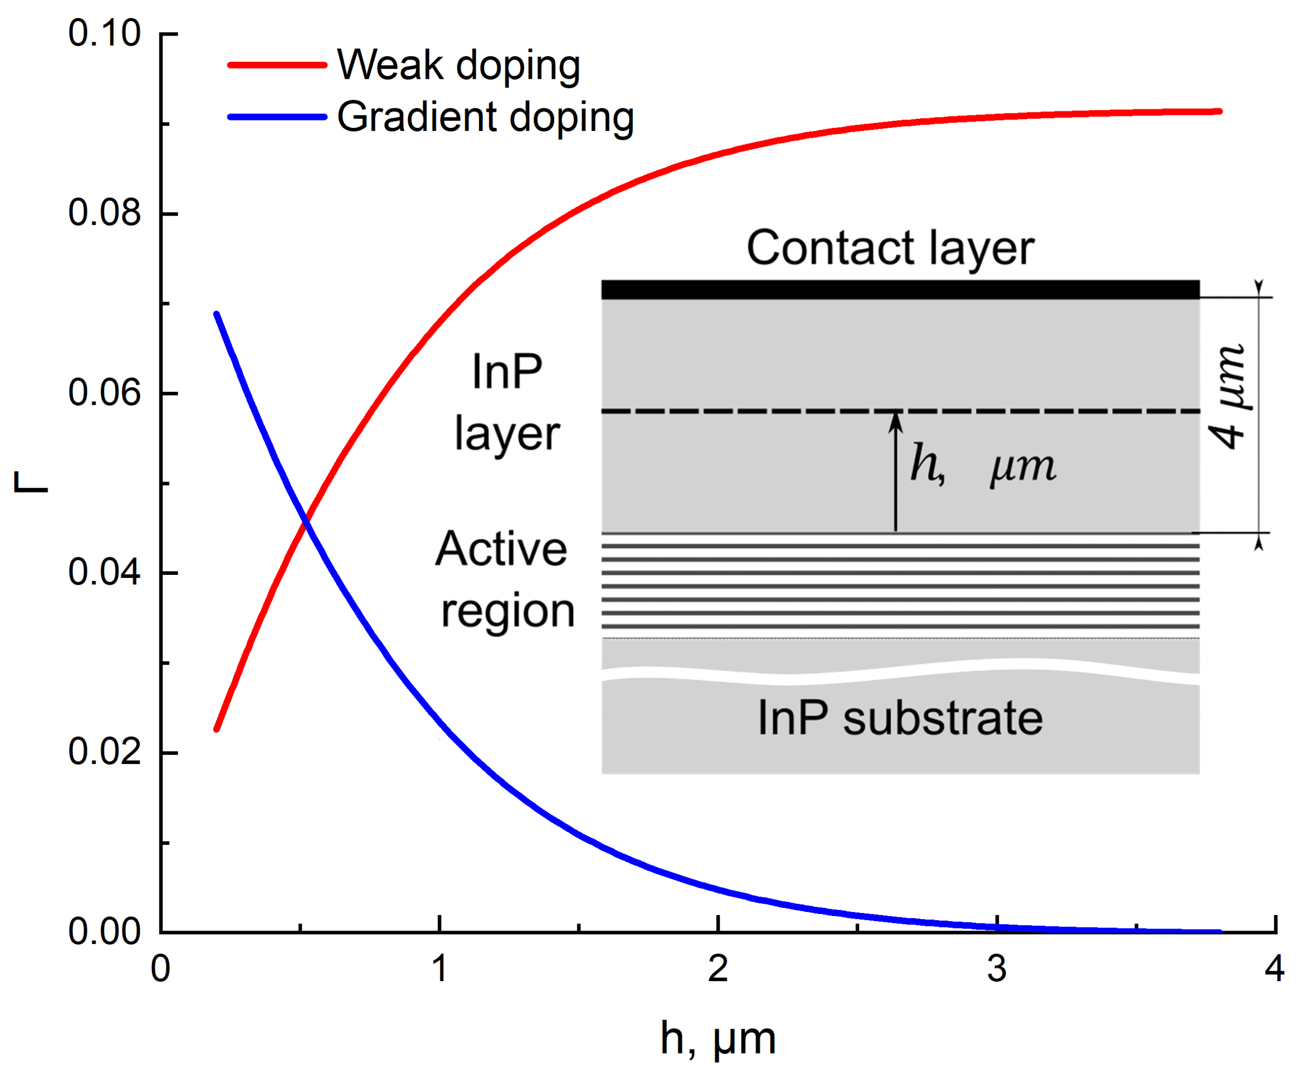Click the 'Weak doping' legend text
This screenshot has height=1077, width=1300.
click(458, 65)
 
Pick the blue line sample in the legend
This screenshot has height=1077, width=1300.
click(277, 117)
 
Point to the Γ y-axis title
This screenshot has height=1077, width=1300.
click(31, 482)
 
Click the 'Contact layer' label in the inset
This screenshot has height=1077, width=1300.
click(890, 248)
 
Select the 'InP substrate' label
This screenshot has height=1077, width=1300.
click(900, 718)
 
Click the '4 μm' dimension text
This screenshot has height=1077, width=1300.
click(1228, 396)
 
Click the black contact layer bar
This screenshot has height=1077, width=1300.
click(900, 289)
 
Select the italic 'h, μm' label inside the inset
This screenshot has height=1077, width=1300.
click(983, 465)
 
